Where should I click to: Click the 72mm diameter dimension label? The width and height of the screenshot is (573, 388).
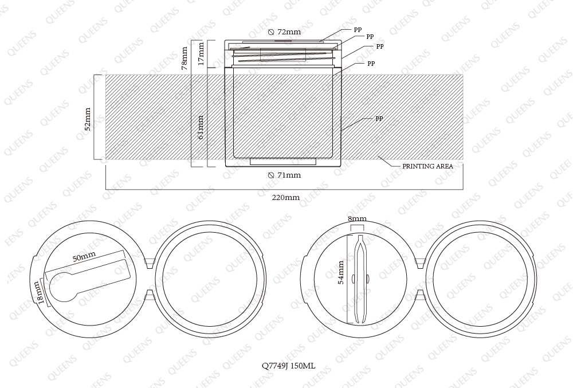pyautogui.click(x=284, y=32)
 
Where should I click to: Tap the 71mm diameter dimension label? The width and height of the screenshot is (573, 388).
pyautogui.click(x=284, y=175)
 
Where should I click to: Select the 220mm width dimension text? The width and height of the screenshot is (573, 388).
pyautogui.click(x=286, y=198)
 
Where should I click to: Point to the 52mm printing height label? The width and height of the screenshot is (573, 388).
pyautogui.click(x=88, y=119)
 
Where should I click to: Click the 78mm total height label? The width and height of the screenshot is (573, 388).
pyautogui.click(x=185, y=58)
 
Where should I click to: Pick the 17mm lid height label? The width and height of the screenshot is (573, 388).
pyautogui.click(x=201, y=54)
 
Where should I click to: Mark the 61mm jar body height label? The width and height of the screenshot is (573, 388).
pyautogui.click(x=201, y=127)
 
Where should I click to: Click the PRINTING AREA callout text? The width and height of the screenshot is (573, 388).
pyautogui.click(x=427, y=166)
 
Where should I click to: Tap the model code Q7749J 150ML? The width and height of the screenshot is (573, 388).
pyautogui.click(x=289, y=365)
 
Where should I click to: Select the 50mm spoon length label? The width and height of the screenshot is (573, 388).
pyautogui.click(x=84, y=256)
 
